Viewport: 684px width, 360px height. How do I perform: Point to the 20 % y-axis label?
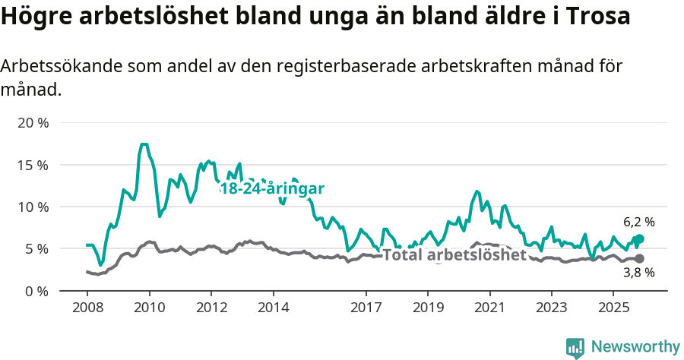(x=33, y=122)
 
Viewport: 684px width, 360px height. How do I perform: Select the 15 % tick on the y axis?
(x=33, y=165)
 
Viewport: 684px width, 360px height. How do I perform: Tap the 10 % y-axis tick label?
(x=33, y=207)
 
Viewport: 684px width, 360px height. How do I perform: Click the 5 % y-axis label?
(x=36, y=248)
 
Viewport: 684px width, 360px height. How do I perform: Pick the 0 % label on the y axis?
(x=36, y=291)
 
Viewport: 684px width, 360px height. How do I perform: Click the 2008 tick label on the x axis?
(x=87, y=308)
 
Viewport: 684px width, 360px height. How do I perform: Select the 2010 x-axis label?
(x=149, y=308)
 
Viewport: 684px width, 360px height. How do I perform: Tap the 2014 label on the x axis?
(x=273, y=308)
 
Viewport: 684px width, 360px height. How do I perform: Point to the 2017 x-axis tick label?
(x=366, y=308)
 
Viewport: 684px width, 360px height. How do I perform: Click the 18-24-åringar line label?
(x=272, y=189)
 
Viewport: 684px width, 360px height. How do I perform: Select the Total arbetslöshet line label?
(x=454, y=254)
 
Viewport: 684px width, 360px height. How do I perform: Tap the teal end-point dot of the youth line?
(x=639, y=239)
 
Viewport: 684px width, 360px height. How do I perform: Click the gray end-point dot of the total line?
(x=639, y=258)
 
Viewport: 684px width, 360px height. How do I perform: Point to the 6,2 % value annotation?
(x=638, y=223)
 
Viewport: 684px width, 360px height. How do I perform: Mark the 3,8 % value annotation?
(x=638, y=272)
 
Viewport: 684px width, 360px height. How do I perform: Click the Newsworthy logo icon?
(x=575, y=348)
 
